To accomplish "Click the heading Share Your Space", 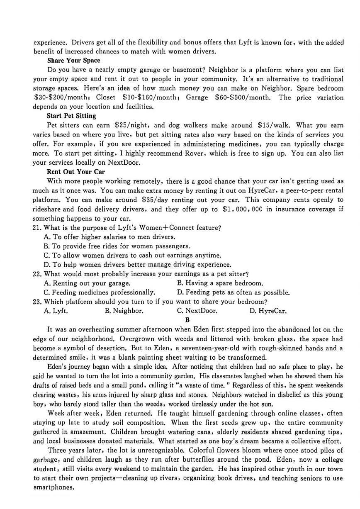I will [x=73, y=61].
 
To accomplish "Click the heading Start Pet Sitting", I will [x=71, y=116].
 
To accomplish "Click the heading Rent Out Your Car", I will [x=76, y=172].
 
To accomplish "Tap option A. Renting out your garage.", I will [x=87, y=283].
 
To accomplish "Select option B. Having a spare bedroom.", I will [x=220, y=283].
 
